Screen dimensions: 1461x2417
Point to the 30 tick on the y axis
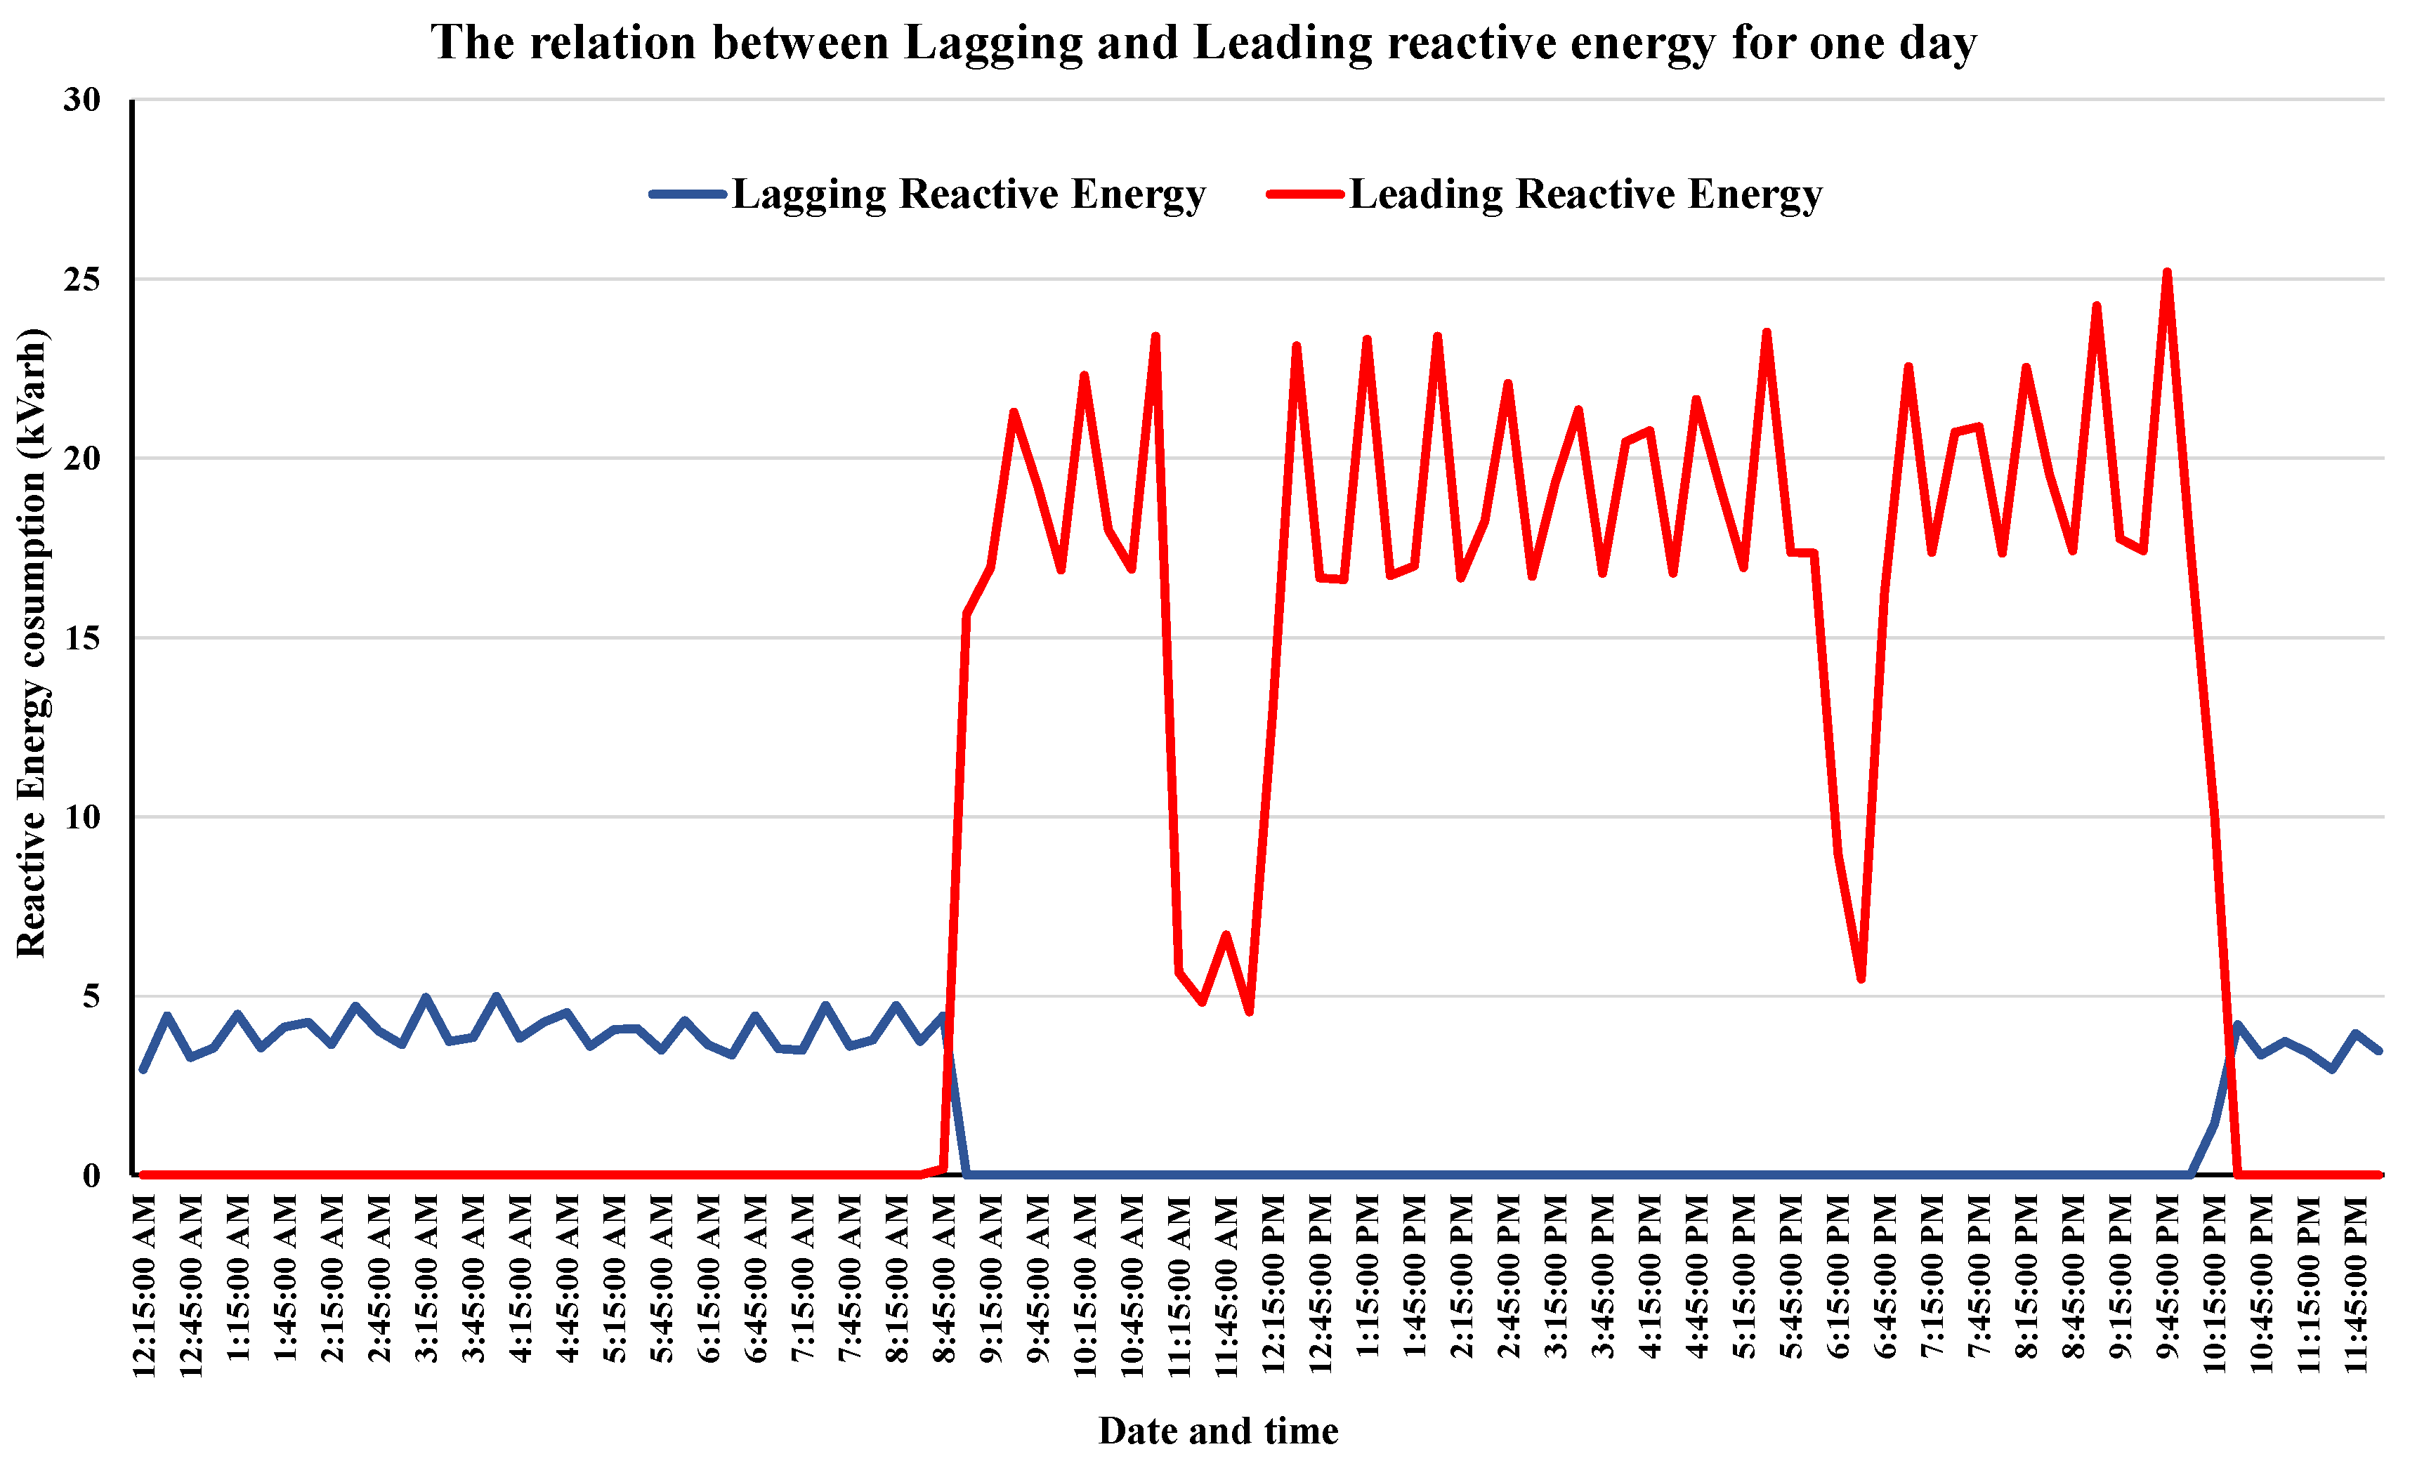pyautogui.click(x=82, y=100)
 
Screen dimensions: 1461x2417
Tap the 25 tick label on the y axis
pyautogui.click(x=82, y=279)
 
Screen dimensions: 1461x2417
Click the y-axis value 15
pyautogui.click(x=82, y=638)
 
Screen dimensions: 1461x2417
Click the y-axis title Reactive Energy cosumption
pyautogui.click(x=32, y=642)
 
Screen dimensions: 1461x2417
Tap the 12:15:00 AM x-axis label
pyautogui.click(x=144, y=1285)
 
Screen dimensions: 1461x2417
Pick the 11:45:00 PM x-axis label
pyautogui.click(x=2355, y=1285)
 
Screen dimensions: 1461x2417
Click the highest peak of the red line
pyautogui.click(x=2167, y=272)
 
